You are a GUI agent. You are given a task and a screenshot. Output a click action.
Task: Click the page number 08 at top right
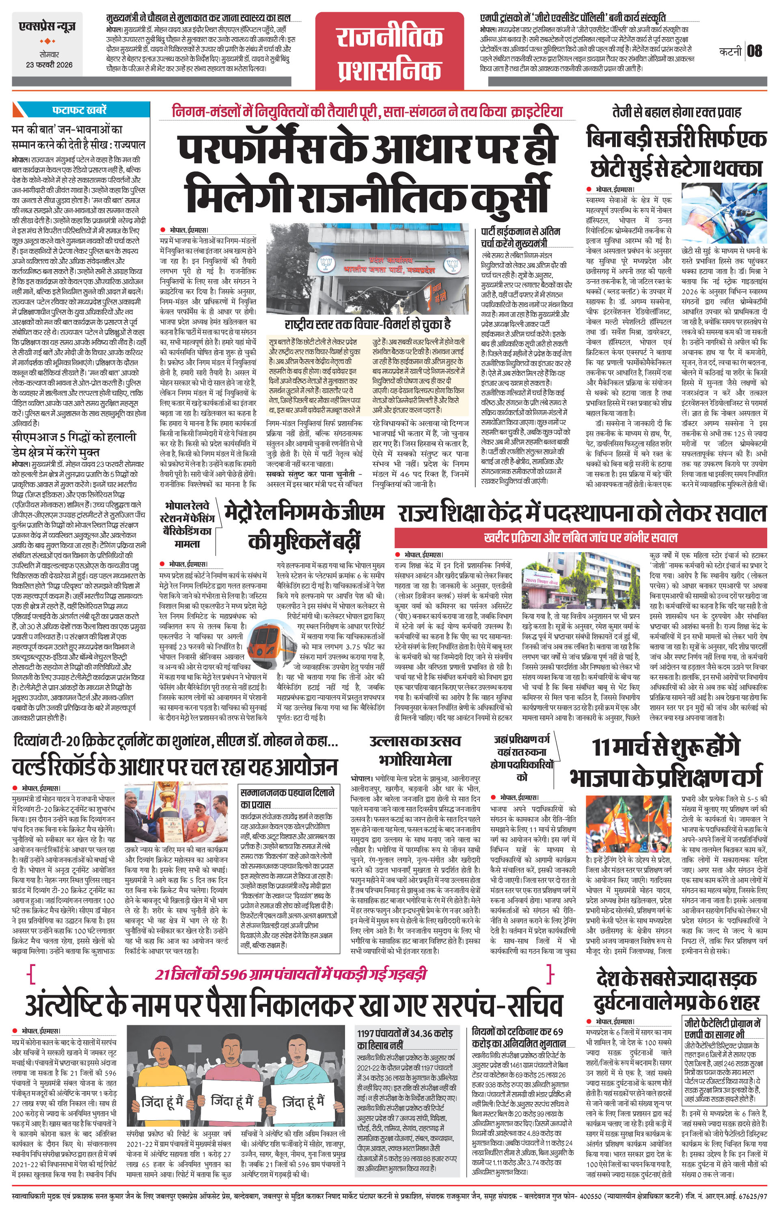[755, 51]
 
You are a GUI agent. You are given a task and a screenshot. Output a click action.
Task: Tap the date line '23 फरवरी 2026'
[49, 65]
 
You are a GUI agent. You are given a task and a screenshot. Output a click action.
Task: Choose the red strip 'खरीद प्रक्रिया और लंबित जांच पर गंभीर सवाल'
[580, 537]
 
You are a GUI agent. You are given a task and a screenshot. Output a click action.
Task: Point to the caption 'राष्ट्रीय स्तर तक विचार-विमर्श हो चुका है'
[368, 324]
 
